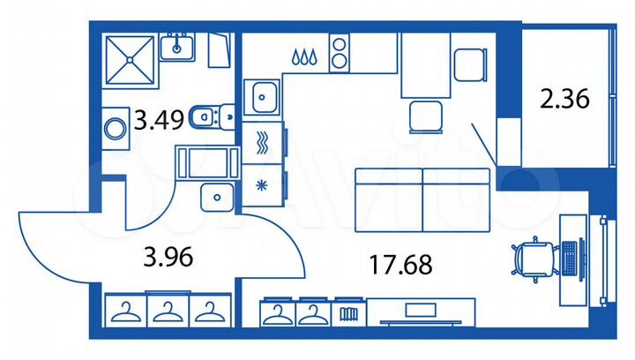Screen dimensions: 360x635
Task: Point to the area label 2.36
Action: coord(564,100)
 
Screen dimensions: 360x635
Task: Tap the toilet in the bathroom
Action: coord(209,114)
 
